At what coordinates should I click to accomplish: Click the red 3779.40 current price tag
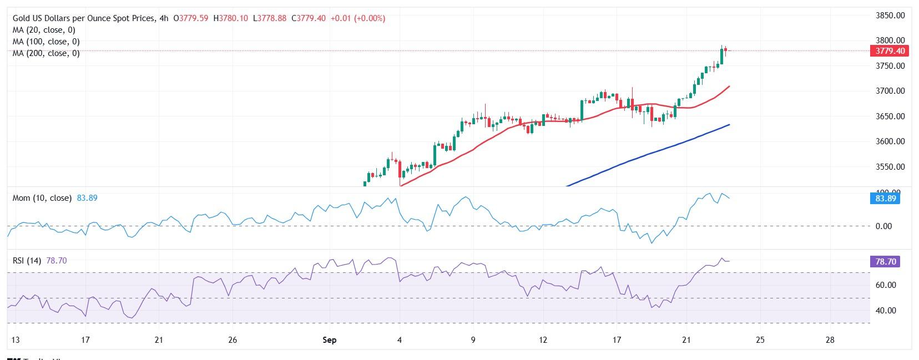tap(890, 51)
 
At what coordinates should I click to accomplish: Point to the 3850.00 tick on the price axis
tap(890, 16)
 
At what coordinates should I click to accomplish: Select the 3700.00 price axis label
tap(890, 91)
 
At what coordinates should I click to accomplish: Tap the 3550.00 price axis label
tap(890, 167)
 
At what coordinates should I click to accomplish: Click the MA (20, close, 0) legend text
tap(44, 30)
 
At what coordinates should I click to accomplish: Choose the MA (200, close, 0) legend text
tap(46, 53)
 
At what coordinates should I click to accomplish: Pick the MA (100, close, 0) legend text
tap(46, 42)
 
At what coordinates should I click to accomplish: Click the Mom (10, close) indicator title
tap(42, 198)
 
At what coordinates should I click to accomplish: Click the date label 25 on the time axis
tap(760, 339)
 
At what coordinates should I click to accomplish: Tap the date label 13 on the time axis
tap(11, 339)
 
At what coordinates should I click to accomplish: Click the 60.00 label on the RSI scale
tap(886, 285)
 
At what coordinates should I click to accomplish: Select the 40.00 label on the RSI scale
tap(886, 311)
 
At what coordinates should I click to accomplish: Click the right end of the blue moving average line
tap(729, 125)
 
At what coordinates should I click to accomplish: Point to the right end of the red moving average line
tap(729, 87)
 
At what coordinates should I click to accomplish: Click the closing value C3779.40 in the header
tap(309, 18)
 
